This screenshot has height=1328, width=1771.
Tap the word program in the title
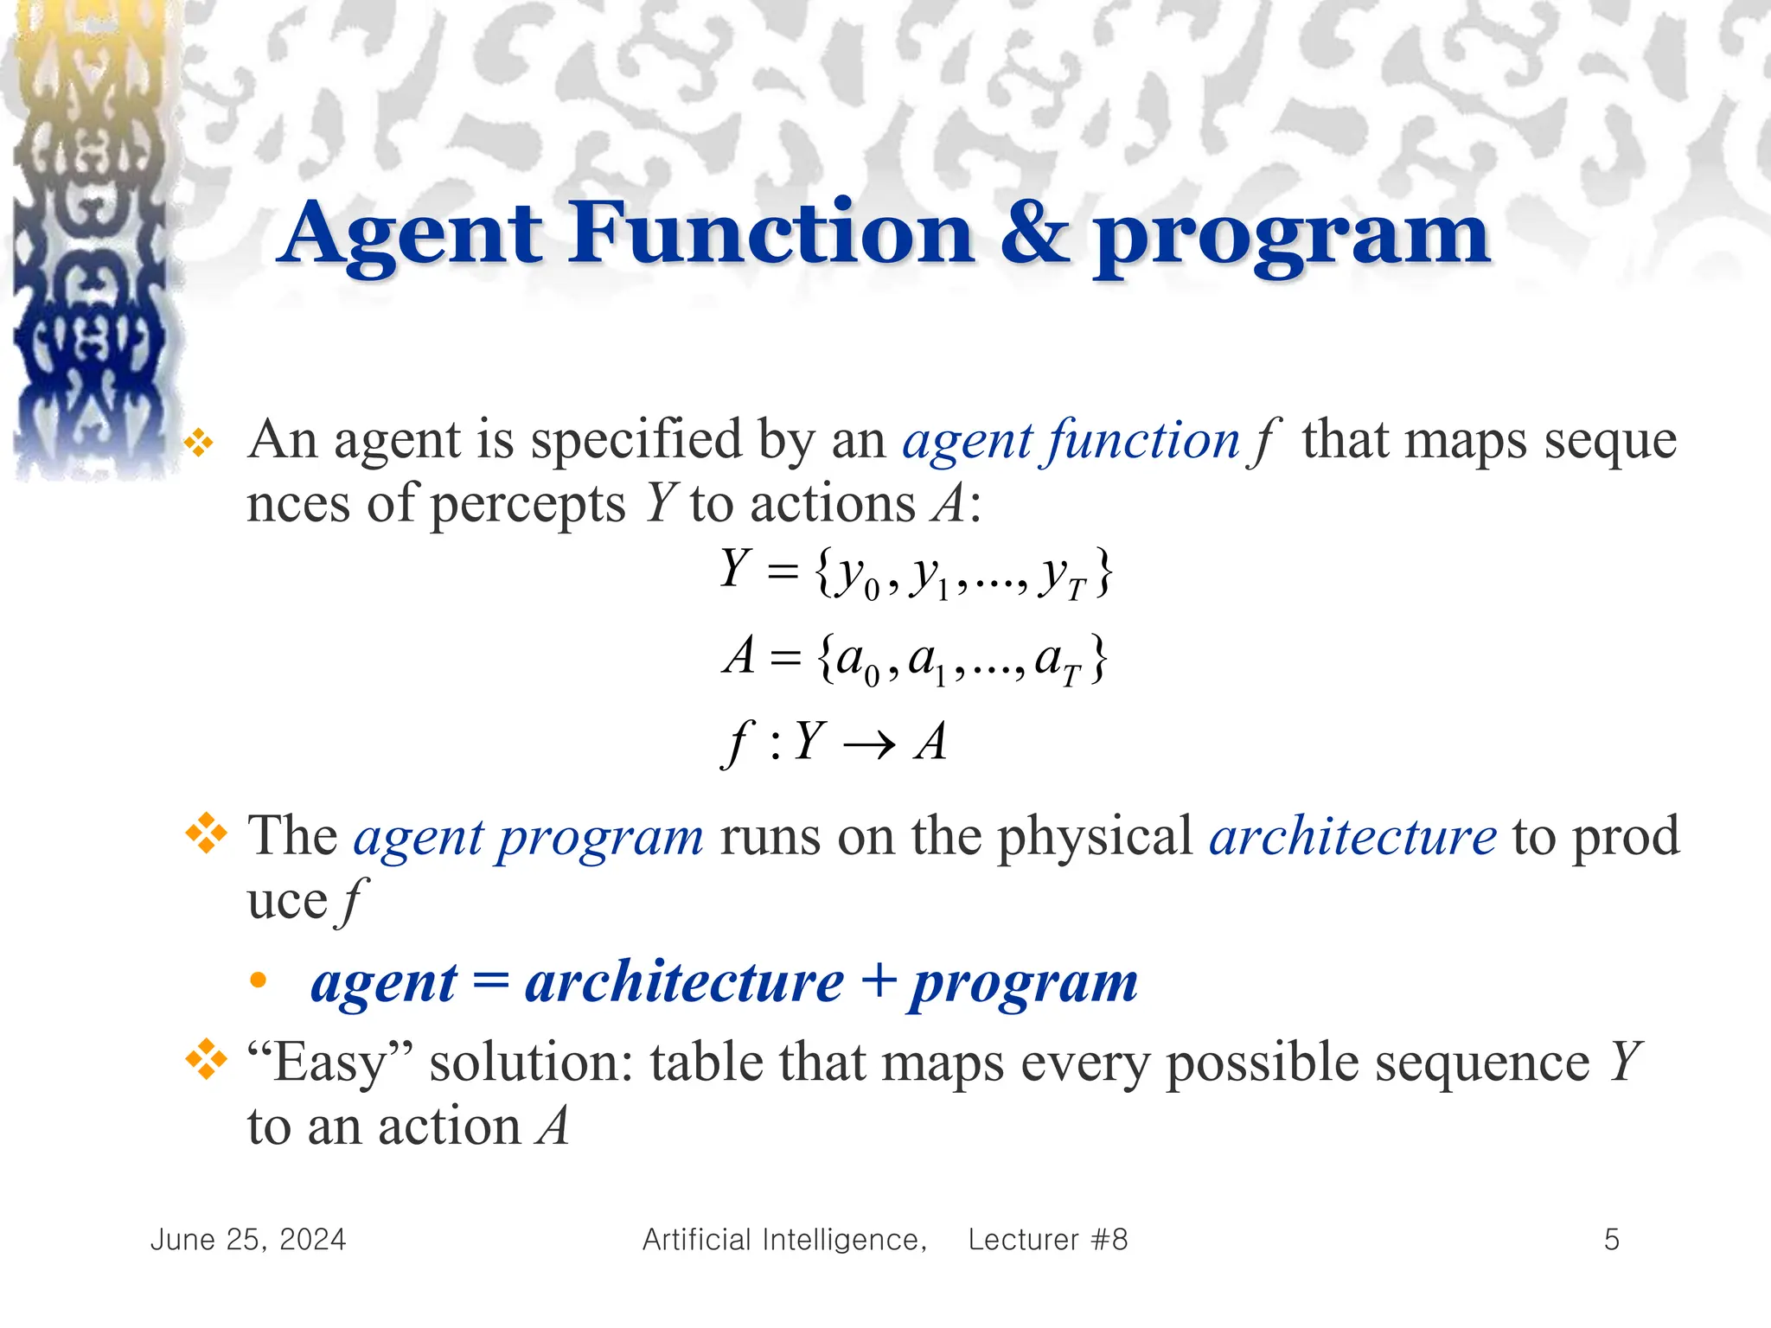click(1292, 238)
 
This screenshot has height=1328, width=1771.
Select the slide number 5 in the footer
click(1611, 1240)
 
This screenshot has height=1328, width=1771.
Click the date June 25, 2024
click(248, 1240)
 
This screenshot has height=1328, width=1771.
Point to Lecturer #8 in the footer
click(1047, 1240)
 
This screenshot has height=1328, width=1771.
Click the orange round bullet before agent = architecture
click(258, 980)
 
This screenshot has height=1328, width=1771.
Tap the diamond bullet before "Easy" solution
click(206, 1059)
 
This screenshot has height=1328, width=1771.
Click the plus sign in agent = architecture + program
click(877, 982)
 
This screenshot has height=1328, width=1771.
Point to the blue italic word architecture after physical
click(1352, 836)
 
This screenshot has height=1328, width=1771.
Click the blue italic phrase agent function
click(1071, 441)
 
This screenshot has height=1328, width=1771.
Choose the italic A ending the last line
click(552, 1126)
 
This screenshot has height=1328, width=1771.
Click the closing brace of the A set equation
click(1097, 660)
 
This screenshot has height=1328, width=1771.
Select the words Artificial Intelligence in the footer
click(784, 1240)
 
